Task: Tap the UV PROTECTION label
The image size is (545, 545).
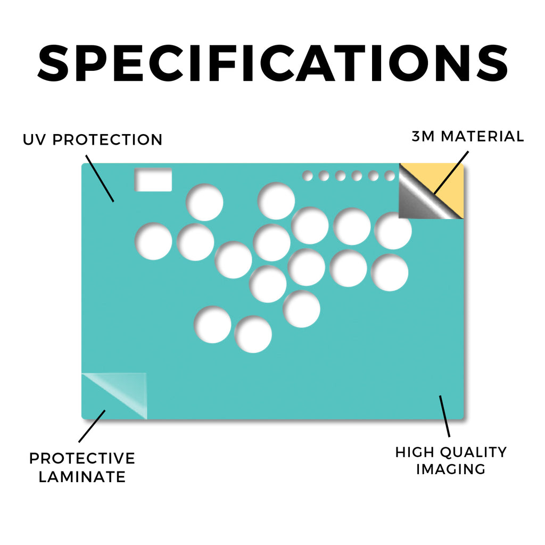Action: click(x=93, y=140)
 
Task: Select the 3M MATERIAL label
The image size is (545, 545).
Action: click(x=467, y=136)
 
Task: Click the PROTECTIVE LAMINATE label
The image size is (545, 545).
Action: click(x=82, y=467)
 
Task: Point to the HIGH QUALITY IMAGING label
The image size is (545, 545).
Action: click(x=451, y=460)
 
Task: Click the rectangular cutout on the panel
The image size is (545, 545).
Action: click(x=153, y=180)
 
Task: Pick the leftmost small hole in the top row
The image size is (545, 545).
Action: click(x=307, y=176)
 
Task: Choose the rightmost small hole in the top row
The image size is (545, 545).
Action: click(x=390, y=176)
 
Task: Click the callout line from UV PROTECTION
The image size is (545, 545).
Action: click(x=100, y=178)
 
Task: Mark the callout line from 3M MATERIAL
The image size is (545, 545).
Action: click(x=451, y=172)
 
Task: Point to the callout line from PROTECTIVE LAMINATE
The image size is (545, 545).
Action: click(x=92, y=426)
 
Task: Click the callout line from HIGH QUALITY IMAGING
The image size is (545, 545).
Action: click(x=444, y=416)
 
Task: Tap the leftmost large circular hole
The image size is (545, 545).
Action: click(x=153, y=241)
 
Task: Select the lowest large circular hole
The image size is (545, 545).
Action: click(x=253, y=334)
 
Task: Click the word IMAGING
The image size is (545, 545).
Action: click(x=451, y=469)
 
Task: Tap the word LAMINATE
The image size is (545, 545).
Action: click(x=82, y=476)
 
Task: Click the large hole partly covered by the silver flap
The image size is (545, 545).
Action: click(x=393, y=231)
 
